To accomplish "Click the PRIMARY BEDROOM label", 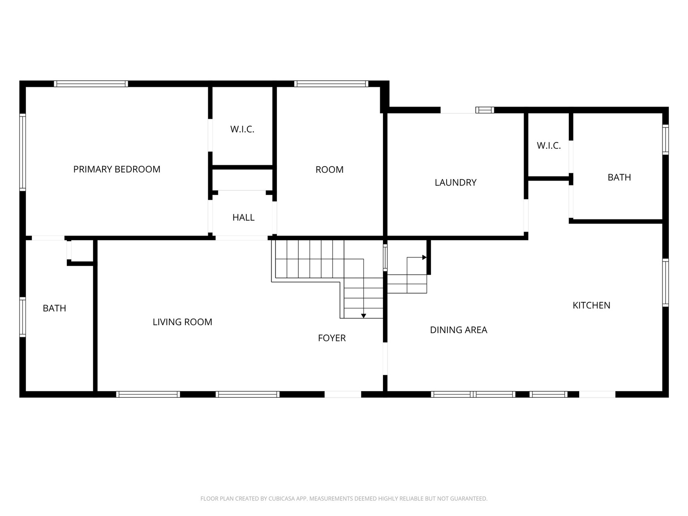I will [x=116, y=169].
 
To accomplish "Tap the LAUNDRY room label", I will [x=456, y=182].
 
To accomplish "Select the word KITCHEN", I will [x=591, y=305].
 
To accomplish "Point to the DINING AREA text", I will [x=458, y=330].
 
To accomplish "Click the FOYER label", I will [x=331, y=338].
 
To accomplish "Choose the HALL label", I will [x=243, y=218].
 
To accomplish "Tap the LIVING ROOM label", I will [x=182, y=322].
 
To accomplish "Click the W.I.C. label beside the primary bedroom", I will [x=242, y=129].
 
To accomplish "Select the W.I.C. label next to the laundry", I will [x=549, y=146].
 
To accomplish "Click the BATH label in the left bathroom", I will [x=54, y=308].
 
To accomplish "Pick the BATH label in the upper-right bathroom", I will [x=619, y=177].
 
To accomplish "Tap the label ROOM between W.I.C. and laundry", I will [x=329, y=170].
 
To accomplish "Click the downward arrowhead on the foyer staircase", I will [x=364, y=316].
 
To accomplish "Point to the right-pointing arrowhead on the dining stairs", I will [x=424, y=258].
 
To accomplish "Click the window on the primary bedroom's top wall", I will [x=91, y=84].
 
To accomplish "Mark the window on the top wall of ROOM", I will [x=331, y=84].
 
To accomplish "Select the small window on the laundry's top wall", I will [x=484, y=110].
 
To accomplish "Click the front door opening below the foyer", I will [x=343, y=394].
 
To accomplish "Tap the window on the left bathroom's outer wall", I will [x=22, y=317].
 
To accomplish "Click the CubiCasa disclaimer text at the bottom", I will [x=344, y=499].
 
